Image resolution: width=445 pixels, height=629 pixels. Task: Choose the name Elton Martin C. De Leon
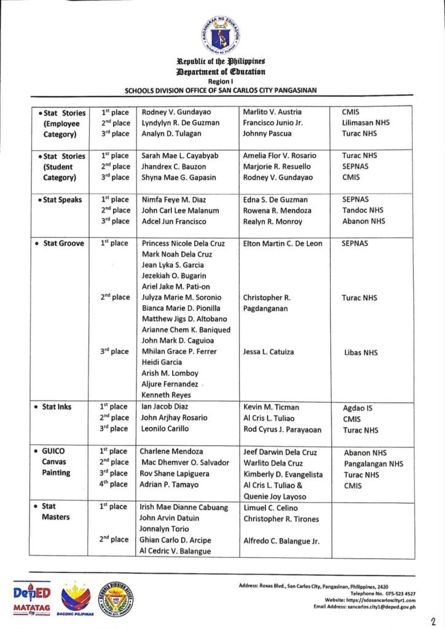point(283,243)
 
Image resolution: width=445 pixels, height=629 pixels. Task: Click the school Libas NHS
point(361,353)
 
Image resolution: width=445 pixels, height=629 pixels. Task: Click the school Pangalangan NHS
point(374,464)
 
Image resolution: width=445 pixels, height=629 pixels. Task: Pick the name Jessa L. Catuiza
point(269,352)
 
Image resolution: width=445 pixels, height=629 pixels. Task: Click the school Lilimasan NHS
point(366,123)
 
